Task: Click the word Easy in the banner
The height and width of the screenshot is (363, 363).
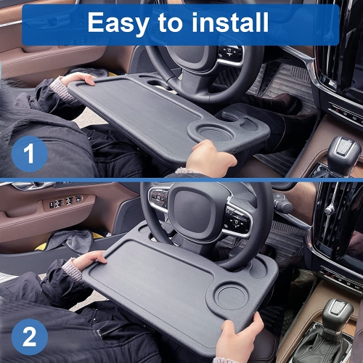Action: point(117,23)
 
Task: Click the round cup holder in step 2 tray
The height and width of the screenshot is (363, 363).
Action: point(238,299)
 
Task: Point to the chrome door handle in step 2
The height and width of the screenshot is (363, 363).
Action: point(22,186)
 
